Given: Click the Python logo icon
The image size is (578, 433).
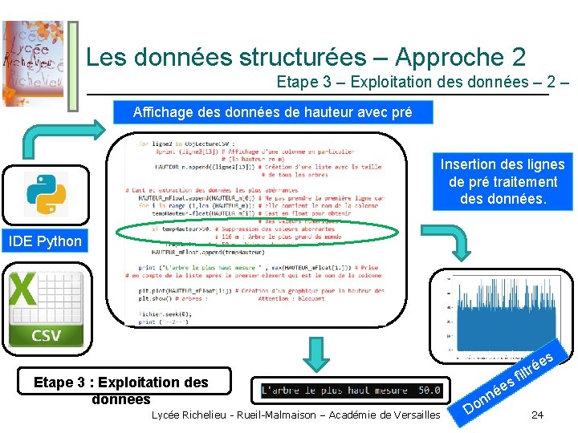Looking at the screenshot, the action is coord(46,193).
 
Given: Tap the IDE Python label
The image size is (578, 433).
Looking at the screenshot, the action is coord(45,241).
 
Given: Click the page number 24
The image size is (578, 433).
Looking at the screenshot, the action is coord(537,415).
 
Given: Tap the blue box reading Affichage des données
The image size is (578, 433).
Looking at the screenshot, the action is coord(272,112).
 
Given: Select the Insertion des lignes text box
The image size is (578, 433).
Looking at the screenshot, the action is coord(503,181).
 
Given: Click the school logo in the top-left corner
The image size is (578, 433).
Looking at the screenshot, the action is coord(33,62).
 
